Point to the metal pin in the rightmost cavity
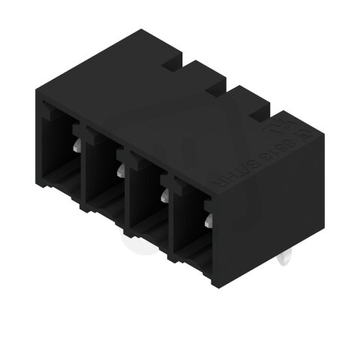[208, 220]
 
